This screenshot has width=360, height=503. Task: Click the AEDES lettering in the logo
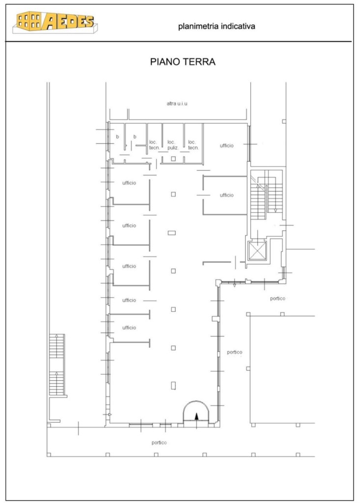coord(68,21)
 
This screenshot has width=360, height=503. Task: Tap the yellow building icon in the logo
coord(29,21)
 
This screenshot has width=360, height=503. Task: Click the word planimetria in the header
coord(196,27)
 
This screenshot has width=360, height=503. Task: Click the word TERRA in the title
coord(199,61)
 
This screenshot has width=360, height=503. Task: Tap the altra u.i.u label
coord(177,104)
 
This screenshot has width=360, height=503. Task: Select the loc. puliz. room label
coord(172,145)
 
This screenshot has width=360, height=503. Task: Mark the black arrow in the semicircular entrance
coord(196,416)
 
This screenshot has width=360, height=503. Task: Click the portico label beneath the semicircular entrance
coord(159,443)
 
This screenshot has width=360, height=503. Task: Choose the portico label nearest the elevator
coord(277,299)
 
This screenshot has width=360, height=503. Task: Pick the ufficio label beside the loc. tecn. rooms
coord(226,145)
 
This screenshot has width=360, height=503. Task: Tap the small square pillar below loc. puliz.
coord(173,159)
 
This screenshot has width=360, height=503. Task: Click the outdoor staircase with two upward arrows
coord(57,365)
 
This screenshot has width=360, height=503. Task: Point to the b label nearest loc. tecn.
coord(135,137)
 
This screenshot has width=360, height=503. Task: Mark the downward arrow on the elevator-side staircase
coord(276,210)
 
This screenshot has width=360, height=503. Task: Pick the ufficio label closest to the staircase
coord(226,195)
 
